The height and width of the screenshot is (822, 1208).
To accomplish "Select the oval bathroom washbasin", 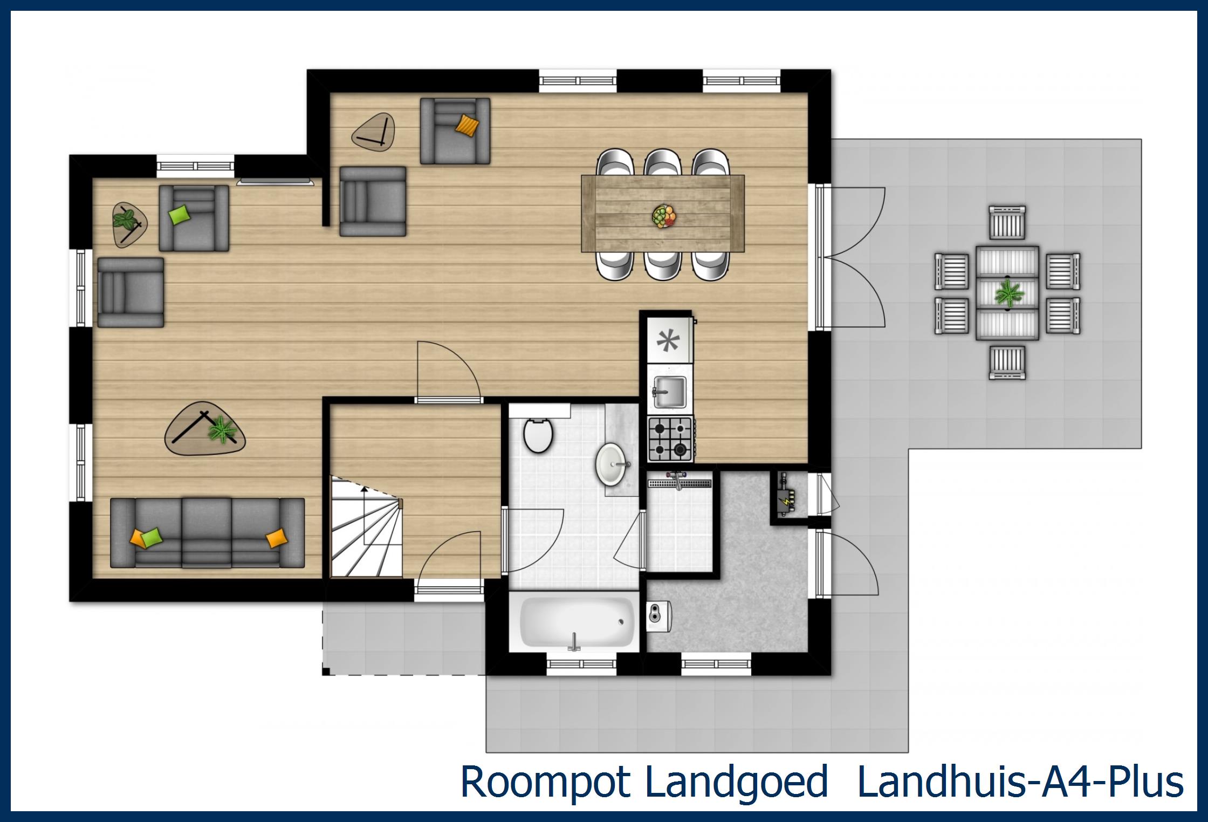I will click(613, 463).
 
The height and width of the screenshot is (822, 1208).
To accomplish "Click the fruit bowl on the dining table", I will click(664, 216).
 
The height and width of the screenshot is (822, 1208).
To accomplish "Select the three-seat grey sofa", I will click(208, 533).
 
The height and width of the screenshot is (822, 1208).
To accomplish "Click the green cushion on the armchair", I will click(180, 214).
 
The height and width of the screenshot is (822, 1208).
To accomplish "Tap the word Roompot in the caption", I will click(545, 782).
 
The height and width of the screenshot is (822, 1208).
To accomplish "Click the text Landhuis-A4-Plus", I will click(1019, 782).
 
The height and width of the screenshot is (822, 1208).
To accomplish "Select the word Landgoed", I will click(736, 782).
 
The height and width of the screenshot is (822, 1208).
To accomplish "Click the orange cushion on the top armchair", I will click(466, 126).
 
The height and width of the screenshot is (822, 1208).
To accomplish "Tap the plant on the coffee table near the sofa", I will click(222, 430).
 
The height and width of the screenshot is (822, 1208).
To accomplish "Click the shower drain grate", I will click(682, 483).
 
